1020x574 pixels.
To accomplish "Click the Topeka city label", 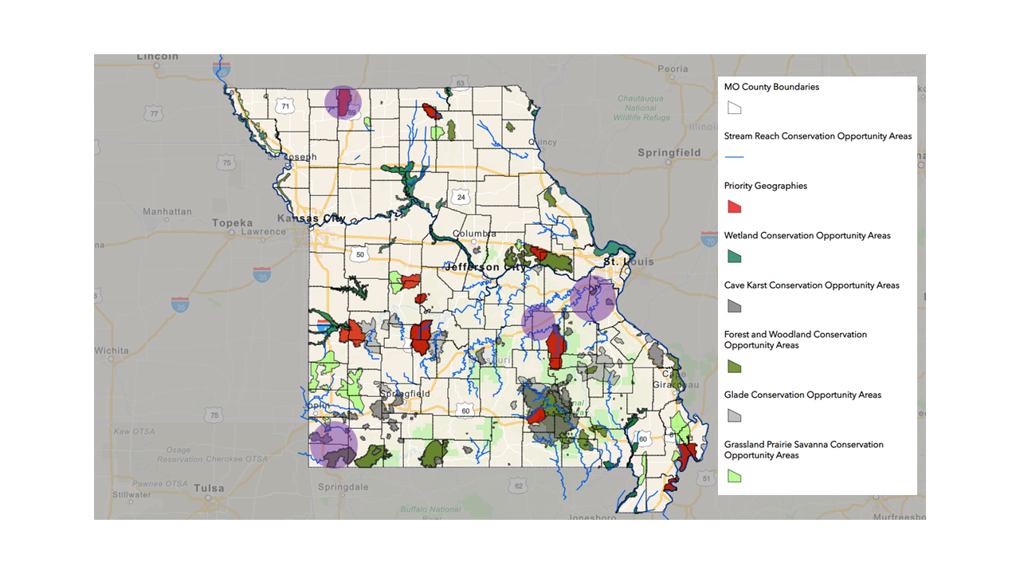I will coord(232,223).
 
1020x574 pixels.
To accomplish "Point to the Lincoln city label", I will coord(159,57).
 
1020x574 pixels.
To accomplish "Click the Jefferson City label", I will coord(484,267).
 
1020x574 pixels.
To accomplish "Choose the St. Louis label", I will coord(628,261).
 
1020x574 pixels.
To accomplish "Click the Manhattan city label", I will coord(167,212).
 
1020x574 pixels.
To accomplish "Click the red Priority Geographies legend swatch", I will coord(734,206).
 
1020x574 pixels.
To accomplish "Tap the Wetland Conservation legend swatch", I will coord(734,256).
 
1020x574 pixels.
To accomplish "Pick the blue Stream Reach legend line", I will coord(734,157).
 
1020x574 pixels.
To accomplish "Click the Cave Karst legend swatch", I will coord(734,305).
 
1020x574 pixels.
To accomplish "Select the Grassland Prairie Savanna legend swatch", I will coord(734,476).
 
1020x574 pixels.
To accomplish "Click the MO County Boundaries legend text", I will coord(771,87).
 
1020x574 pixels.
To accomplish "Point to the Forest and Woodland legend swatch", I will coord(734,366).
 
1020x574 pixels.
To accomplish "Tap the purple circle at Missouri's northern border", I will coord(343,103).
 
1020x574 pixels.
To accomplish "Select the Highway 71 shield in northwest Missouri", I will coord(284,104).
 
